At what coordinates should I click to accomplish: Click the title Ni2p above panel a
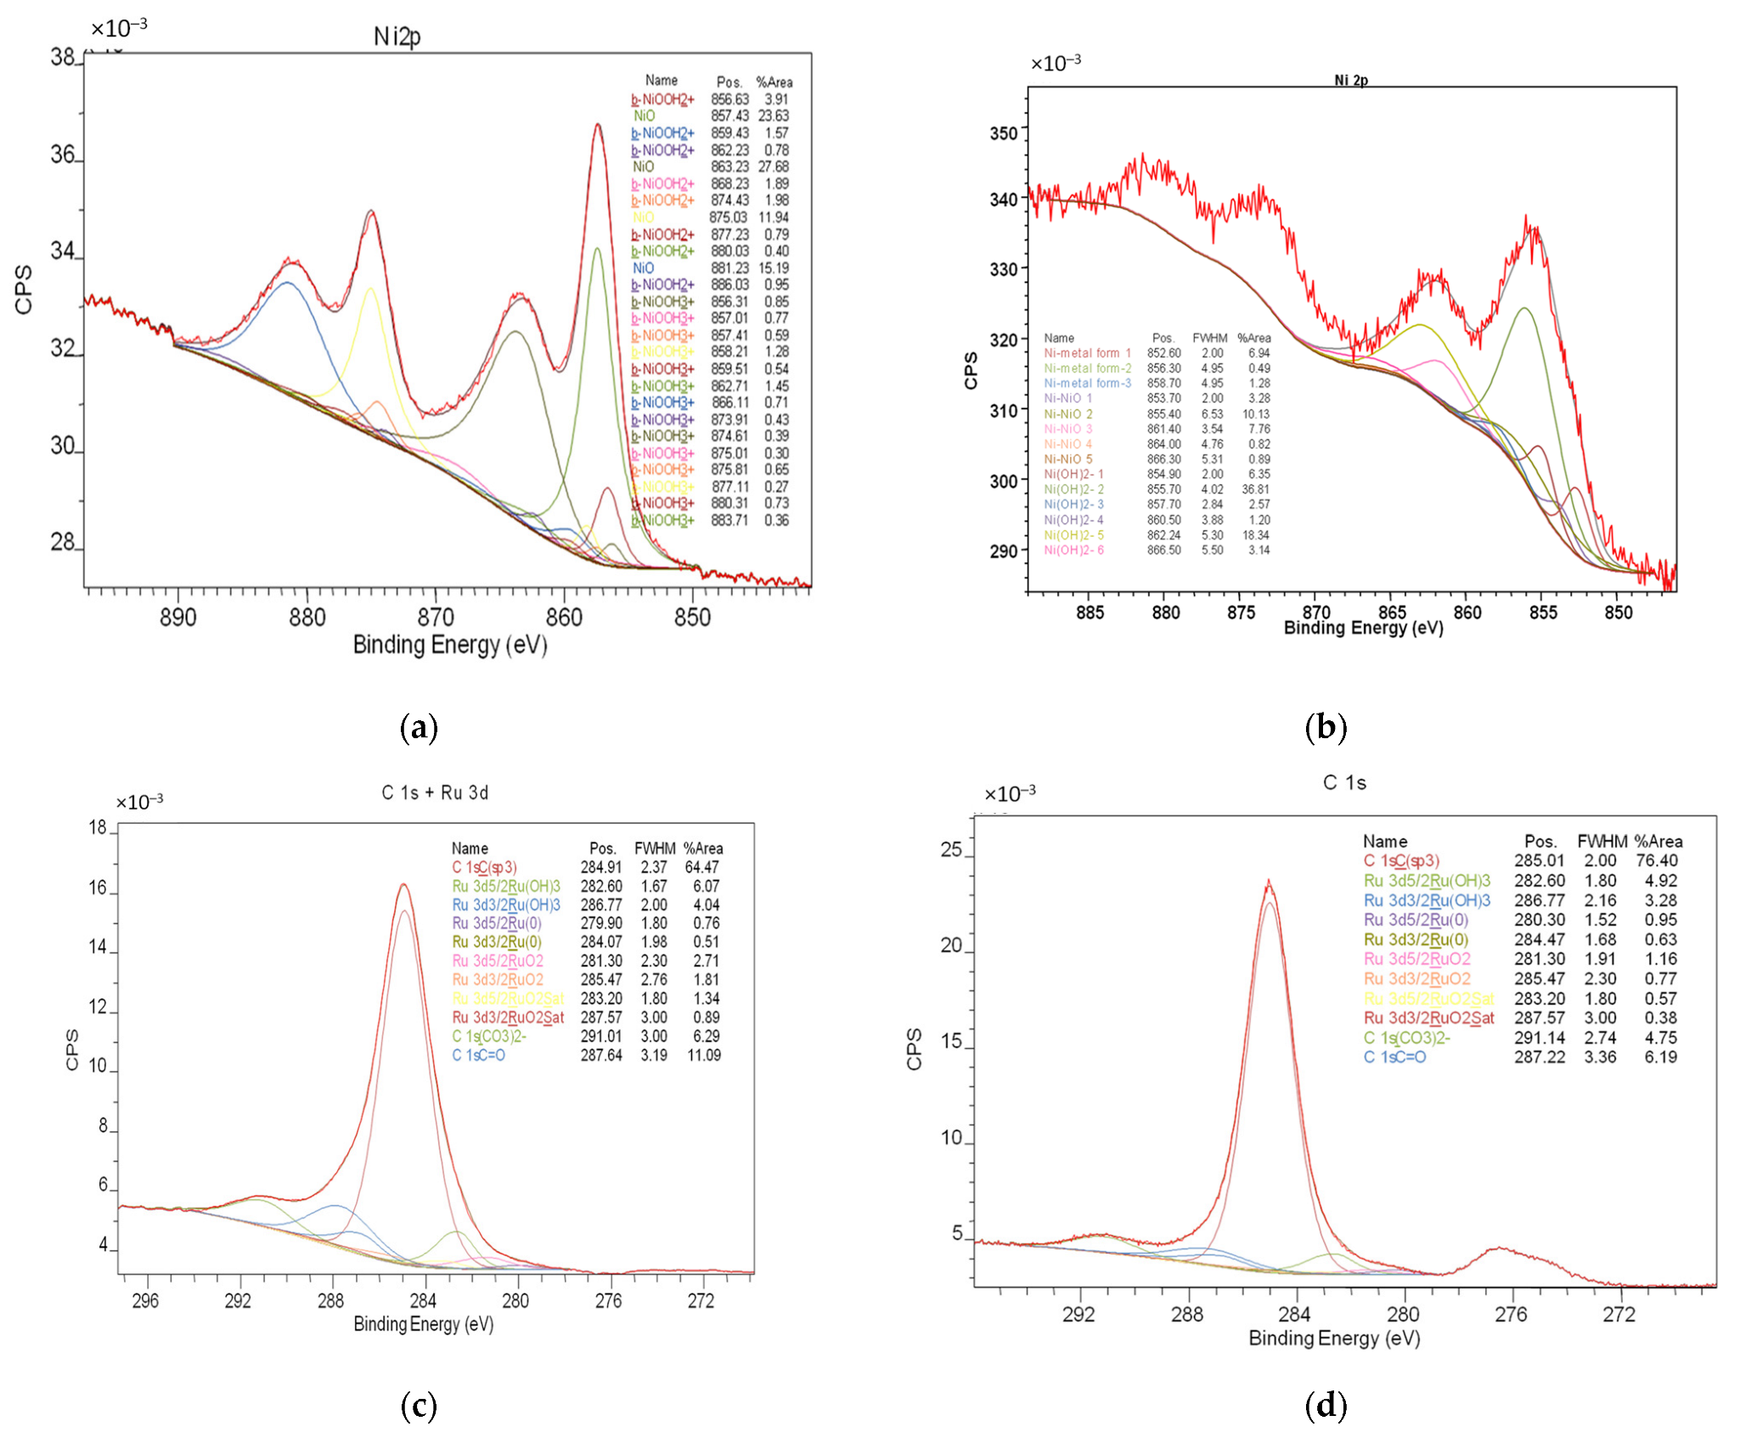tap(397, 37)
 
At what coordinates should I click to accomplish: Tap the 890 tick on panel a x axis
tap(177, 617)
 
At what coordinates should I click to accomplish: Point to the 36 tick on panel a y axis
tap(63, 155)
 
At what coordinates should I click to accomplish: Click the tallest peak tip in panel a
tap(598, 125)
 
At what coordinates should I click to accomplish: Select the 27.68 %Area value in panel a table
tap(773, 166)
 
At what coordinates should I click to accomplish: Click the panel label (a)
tap(419, 727)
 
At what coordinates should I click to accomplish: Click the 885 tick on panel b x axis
tap(1090, 612)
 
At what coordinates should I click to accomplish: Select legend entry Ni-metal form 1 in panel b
tap(1087, 352)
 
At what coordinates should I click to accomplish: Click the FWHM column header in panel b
tap(1209, 338)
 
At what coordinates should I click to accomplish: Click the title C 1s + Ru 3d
tap(435, 792)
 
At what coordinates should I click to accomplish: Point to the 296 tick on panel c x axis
tap(145, 1300)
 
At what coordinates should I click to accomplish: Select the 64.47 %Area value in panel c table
tap(701, 867)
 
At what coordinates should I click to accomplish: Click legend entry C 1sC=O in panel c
tap(478, 1055)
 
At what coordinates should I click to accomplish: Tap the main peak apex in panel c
tap(404, 885)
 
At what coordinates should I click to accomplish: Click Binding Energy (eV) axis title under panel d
tap(1333, 1338)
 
